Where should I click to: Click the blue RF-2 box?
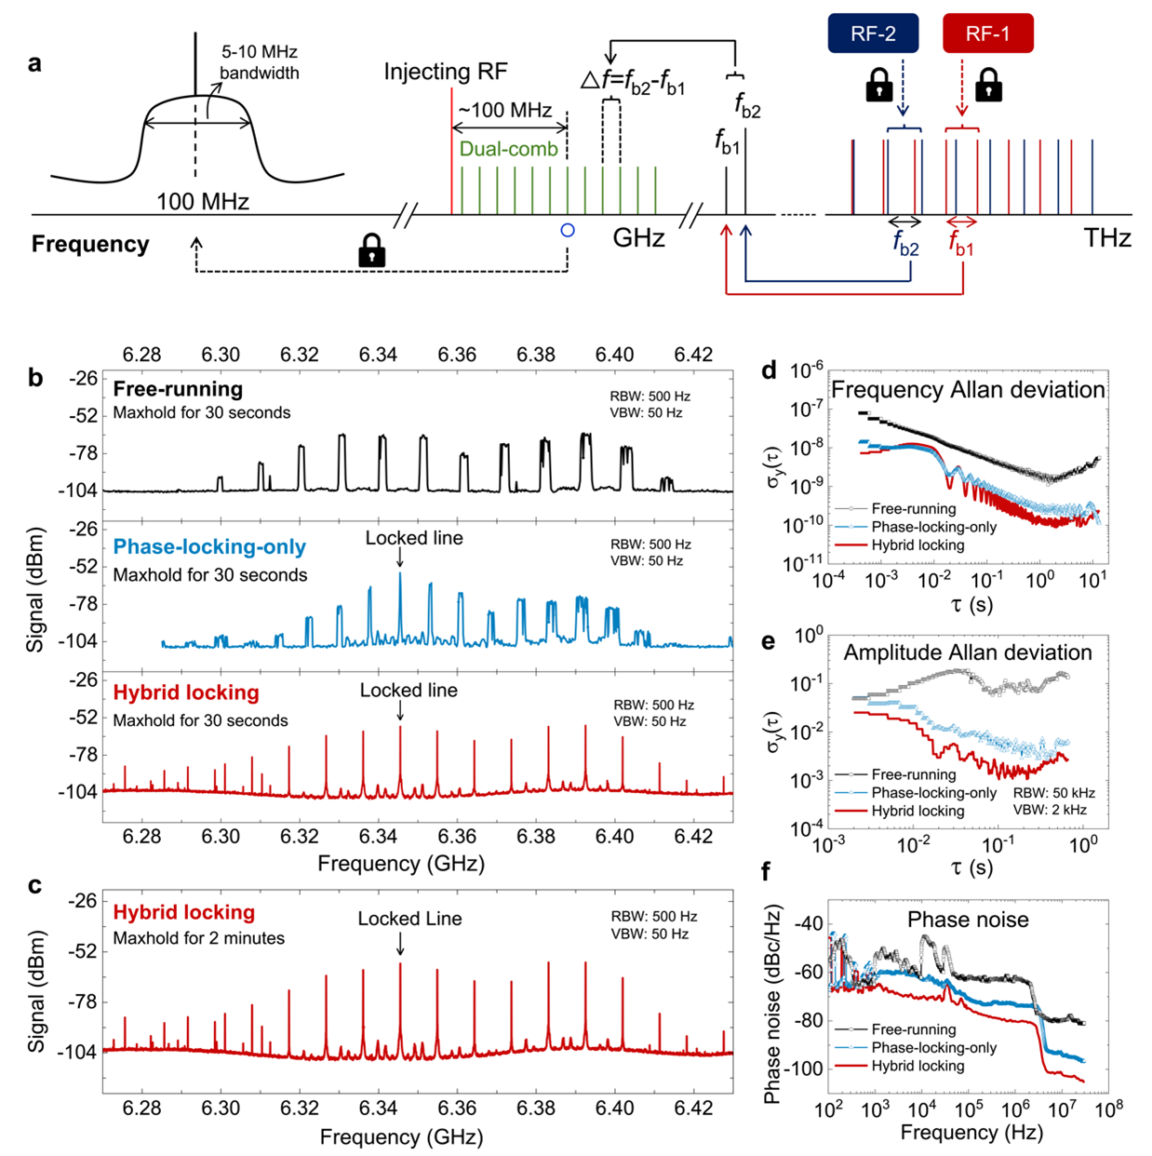tap(873, 34)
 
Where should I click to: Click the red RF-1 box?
tap(987, 34)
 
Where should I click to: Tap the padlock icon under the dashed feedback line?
tap(372, 250)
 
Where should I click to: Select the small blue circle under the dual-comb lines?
tap(568, 230)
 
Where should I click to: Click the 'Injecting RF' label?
tap(446, 72)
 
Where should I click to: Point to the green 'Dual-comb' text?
tap(508, 149)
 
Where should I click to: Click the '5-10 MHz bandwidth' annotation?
tap(260, 62)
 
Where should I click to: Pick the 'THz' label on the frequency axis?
tap(1106, 238)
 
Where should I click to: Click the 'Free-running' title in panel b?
tap(178, 389)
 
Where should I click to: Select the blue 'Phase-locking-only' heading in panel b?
tap(209, 547)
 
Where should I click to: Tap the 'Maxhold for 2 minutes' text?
tap(199, 938)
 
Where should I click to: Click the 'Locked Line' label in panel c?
tap(409, 919)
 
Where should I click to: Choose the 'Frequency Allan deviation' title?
tap(968, 389)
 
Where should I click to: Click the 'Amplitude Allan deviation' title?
tap(968, 652)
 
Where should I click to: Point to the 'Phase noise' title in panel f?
tap(968, 920)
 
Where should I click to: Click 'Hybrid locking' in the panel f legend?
tap(918, 1066)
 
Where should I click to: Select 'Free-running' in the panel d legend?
tap(913, 508)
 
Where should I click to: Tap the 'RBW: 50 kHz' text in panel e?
tap(1054, 793)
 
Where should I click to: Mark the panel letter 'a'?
tap(34, 63)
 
